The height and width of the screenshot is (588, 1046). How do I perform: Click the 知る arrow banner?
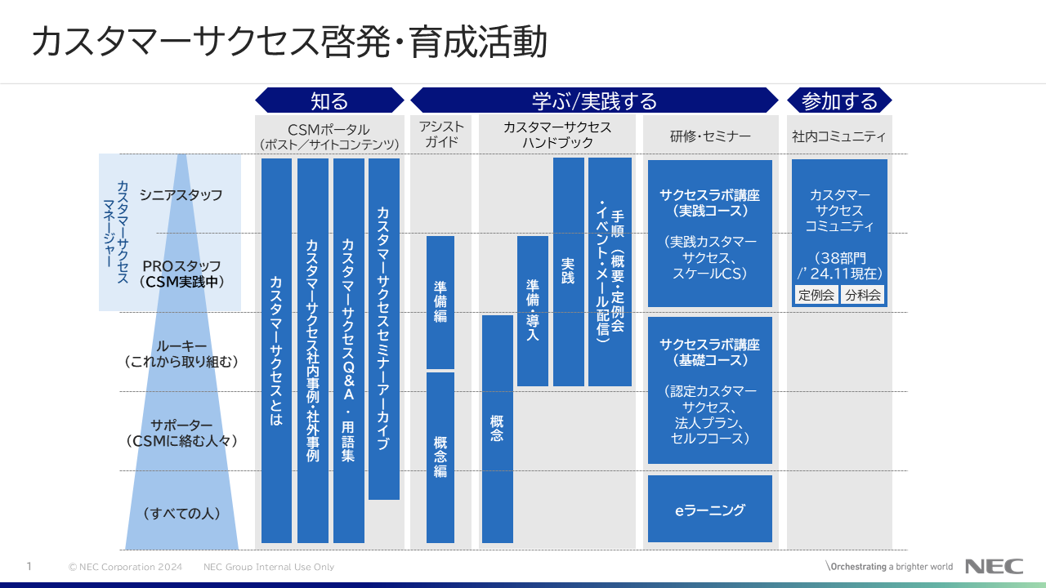(x=329, y=100)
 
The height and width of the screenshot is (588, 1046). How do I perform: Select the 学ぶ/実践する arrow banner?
(x=594, y=100)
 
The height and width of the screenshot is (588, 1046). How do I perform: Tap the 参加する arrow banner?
(x=839, y=100)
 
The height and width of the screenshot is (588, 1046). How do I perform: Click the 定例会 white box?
(x=816, y=295)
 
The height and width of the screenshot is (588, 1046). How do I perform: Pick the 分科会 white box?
(x=863, y=295)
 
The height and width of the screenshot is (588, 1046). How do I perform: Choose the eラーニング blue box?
(x=709, y=510)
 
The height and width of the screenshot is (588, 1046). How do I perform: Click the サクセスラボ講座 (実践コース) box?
(x=709, y=234)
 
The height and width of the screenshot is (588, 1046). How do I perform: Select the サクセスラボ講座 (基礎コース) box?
(x=709, y=390)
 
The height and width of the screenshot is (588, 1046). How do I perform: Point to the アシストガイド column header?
(x=441, y=135)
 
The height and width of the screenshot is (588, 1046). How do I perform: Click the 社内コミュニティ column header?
(x=839, y=136)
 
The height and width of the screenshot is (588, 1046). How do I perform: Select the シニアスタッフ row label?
(x=181, y=195)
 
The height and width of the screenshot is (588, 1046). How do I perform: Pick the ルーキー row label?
(x=181, y=353)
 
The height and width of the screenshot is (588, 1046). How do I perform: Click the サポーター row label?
(x=181, y=433)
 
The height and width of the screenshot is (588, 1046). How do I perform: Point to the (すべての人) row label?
(x=181, y=514)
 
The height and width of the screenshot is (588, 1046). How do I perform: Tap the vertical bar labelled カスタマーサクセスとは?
(x=276, y=350)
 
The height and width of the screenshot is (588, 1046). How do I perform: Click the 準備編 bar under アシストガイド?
(x=440, y=302)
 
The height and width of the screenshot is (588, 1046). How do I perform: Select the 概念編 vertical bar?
(x=440, y=457)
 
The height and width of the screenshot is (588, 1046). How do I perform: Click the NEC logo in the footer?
(x=994, y=566)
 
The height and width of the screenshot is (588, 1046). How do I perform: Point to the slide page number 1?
(x=29, y=566)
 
